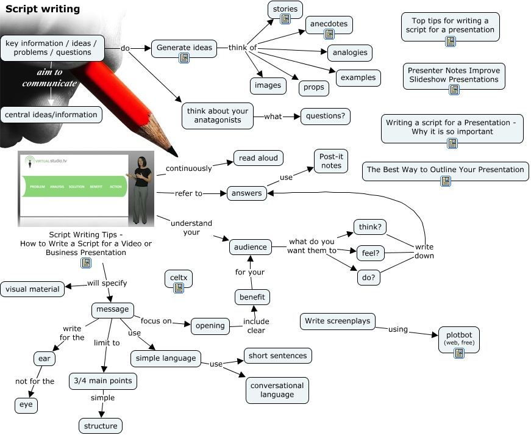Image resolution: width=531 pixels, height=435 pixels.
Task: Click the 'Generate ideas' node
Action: coord(184,48)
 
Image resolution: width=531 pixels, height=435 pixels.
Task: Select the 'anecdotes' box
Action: coord(329,24)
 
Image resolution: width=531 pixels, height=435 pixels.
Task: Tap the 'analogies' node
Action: coord(350,52)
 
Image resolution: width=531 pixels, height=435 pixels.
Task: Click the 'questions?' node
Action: coord(326,115)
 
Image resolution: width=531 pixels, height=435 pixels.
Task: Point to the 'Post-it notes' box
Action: coord(331,161)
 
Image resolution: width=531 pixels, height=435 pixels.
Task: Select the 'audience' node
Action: coord(251,247)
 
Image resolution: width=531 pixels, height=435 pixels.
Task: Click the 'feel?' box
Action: coord(371,251)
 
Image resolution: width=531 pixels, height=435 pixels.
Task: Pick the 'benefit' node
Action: coord(252,297)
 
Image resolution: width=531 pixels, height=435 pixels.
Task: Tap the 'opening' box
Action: coord(210,326)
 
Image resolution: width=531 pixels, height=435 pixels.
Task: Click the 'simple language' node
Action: coord(166,358)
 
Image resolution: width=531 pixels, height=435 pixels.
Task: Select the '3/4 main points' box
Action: coord(102,381)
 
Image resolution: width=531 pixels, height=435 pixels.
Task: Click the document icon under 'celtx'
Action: coord(179,288)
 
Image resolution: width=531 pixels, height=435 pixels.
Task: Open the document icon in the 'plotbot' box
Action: coord(458,353)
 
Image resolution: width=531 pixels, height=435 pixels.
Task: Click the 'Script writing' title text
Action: coord(43,9)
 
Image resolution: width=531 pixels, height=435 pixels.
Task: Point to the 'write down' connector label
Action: coord(424,251)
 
